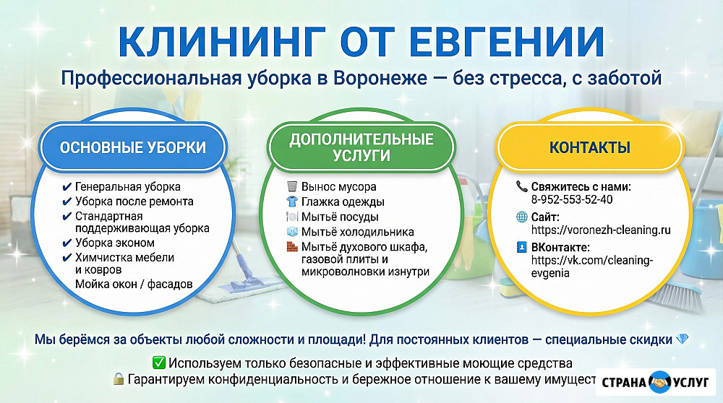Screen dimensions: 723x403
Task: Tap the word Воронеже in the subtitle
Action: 380,78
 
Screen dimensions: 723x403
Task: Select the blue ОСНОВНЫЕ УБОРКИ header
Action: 133,147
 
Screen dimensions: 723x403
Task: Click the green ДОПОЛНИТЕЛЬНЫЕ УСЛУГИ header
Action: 361,147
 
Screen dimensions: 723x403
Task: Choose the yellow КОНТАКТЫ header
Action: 590,147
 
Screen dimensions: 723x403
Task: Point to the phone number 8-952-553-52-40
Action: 572,199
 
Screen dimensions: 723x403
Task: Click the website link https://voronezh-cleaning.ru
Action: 601,230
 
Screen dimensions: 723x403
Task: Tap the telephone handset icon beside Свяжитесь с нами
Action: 521,186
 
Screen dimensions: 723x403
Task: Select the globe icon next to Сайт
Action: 521,217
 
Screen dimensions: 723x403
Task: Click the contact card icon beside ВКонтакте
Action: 521,247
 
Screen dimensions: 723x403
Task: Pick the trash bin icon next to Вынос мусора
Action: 292,186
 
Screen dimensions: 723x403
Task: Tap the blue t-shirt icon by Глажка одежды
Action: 292,201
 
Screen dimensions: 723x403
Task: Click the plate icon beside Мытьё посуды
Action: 292,217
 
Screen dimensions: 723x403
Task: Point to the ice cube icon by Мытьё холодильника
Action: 292,231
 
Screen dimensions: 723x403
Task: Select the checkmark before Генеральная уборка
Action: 67,187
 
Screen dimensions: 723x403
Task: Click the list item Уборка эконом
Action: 115,243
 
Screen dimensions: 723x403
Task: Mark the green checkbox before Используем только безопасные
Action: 159,363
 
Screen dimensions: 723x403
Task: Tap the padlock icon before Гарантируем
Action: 119,379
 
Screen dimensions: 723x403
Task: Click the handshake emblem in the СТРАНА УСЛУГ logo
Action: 660,382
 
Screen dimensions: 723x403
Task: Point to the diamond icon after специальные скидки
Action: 682,339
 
